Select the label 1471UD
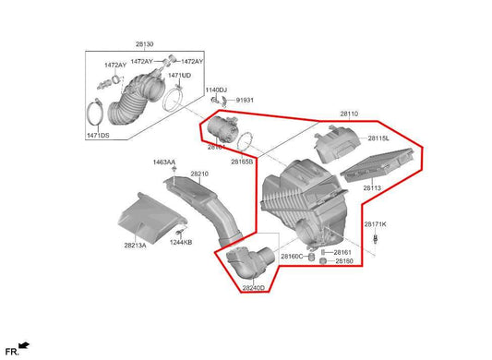coord(179,76)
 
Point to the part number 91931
coord(245,99)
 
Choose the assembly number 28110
coord(348,114)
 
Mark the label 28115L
coord(379,138)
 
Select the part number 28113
coord(372,188)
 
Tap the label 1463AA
coord(164,162)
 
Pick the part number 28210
coord(199,174)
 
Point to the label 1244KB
coord(181,242)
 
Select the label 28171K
coord(375,224)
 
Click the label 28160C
coord(292,256)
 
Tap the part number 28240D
coord(254,288)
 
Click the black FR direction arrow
coord(23,346)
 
